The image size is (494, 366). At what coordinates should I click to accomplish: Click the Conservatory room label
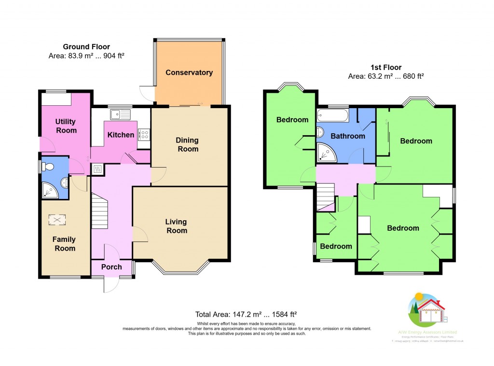[189, 73]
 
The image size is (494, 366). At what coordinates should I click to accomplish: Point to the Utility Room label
[66, 126]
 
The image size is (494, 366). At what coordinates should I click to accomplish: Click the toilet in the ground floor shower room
[47, 167]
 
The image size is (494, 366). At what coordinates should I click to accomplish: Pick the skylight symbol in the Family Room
[57, 220]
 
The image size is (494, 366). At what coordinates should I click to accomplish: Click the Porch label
[111, 267]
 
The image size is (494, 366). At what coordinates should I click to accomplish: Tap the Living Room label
[176, 226]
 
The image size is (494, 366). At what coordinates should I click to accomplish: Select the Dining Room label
[187, 145]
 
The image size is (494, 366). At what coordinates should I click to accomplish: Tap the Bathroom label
[348, 136]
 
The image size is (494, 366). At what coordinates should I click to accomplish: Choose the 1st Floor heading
[385, 68]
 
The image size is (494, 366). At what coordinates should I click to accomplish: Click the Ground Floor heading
[86, 47]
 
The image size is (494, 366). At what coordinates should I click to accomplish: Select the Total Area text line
[246, 313]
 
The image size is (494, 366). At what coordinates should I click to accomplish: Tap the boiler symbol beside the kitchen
[96, 169]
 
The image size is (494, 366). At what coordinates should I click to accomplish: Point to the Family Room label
[64, 244]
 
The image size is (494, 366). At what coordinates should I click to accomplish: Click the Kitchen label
[121, 135]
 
